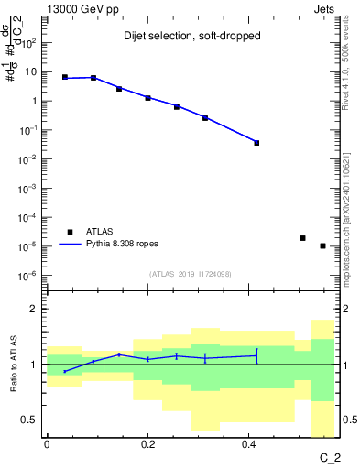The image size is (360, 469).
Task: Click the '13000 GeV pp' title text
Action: (x=79, y=9)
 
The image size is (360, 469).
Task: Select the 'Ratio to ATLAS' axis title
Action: (x=15, y=365)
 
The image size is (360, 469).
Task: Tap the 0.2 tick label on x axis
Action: (x=147, y=444)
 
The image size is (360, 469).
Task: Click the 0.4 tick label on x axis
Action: (x=248, y=444)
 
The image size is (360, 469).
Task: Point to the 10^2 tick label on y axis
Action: (x=29, y=42)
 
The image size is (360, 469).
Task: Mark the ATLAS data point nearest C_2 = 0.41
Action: (x=256, y=143)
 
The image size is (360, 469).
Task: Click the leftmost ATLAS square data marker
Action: (x=65, y=78)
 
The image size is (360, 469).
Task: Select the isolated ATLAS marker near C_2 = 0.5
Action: (x=302, y=238)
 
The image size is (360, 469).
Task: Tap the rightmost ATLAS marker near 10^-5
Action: (x=322, y=245)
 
